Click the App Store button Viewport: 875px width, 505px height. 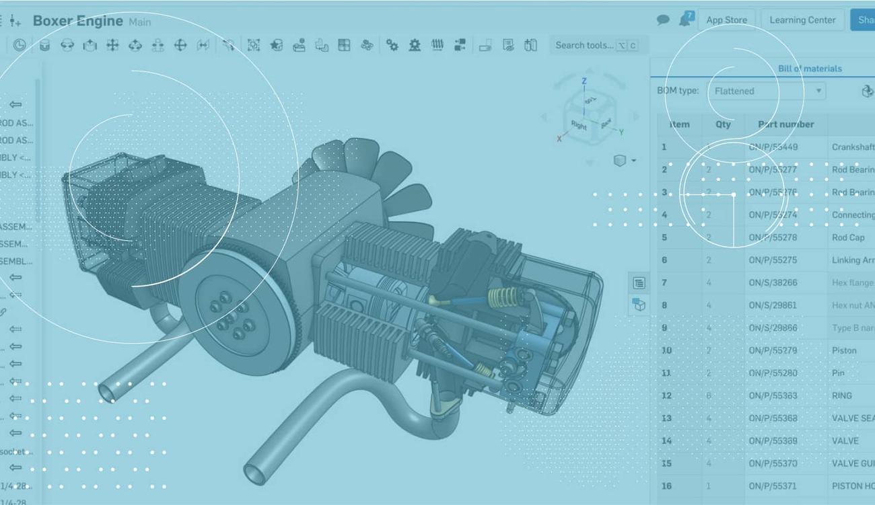pos(726,20)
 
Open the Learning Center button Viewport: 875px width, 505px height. pos(802,20)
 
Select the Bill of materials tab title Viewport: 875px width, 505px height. pos(810,69)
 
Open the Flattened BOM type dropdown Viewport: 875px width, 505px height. pos(766,91)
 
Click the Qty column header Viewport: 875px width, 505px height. pos(723,124)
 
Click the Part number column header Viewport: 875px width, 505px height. pos(785,124)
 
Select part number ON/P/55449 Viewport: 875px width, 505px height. pos(773,147)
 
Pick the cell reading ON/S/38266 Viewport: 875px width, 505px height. pos(773,283)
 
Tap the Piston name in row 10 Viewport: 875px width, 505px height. pos(844,350)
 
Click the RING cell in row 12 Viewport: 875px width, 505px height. pos(842,396)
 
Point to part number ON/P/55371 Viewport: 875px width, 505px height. pos(773,486)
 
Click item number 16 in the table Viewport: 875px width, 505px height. pos(666,486)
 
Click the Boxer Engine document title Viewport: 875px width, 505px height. pos(78,21)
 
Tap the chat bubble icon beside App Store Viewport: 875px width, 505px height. pos(663,20)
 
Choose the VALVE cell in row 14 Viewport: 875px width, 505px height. pos(845,441)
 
